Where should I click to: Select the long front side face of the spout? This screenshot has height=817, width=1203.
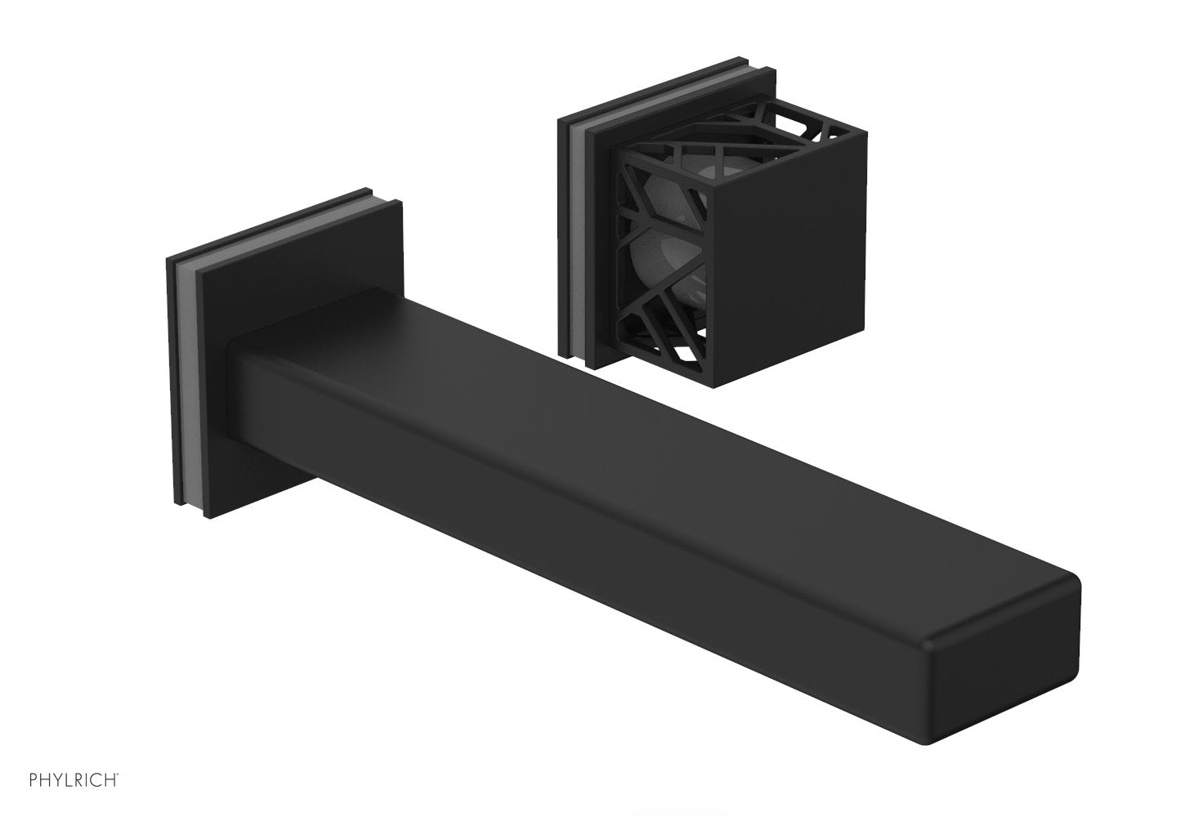(x=572, y=523)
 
